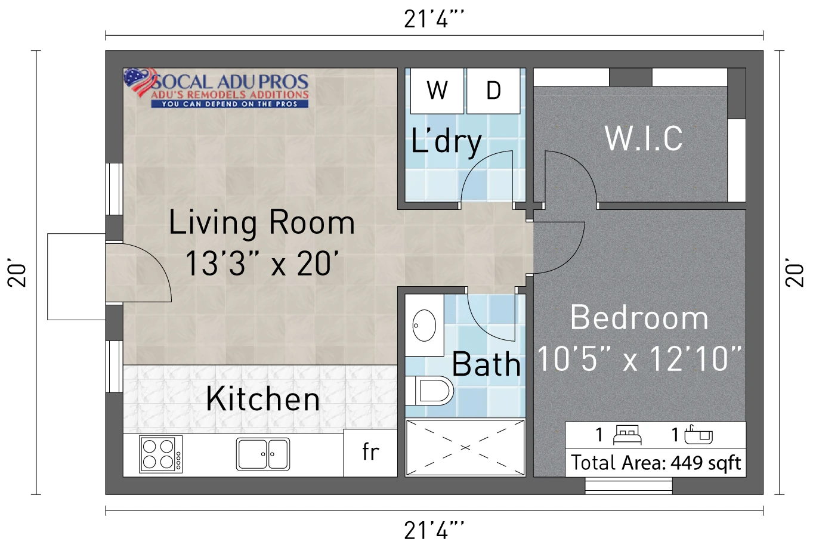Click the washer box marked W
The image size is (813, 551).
(437, 91)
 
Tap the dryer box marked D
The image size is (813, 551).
(493, 91)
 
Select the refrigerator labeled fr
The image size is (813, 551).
(370, 453)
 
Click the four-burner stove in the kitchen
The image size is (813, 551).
(161, 454)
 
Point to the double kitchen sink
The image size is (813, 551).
(263, 454)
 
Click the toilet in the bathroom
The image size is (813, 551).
(429, 391)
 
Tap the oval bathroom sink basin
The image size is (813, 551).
(424, 326)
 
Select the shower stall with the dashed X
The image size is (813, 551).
(465, 448)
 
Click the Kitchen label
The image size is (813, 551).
(263, 399)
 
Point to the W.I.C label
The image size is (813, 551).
(643, 138)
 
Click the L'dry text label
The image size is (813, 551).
(446, 142)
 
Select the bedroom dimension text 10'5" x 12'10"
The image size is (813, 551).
(639, 359)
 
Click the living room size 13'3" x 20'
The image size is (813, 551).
(262, 264)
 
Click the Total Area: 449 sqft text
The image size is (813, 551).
(656, 463)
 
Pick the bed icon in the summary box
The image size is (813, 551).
(627, 435)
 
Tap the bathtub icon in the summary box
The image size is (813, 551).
(698, 435)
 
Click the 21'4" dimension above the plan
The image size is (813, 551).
(434, 19)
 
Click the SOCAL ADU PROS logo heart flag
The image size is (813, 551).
(140, 82)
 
